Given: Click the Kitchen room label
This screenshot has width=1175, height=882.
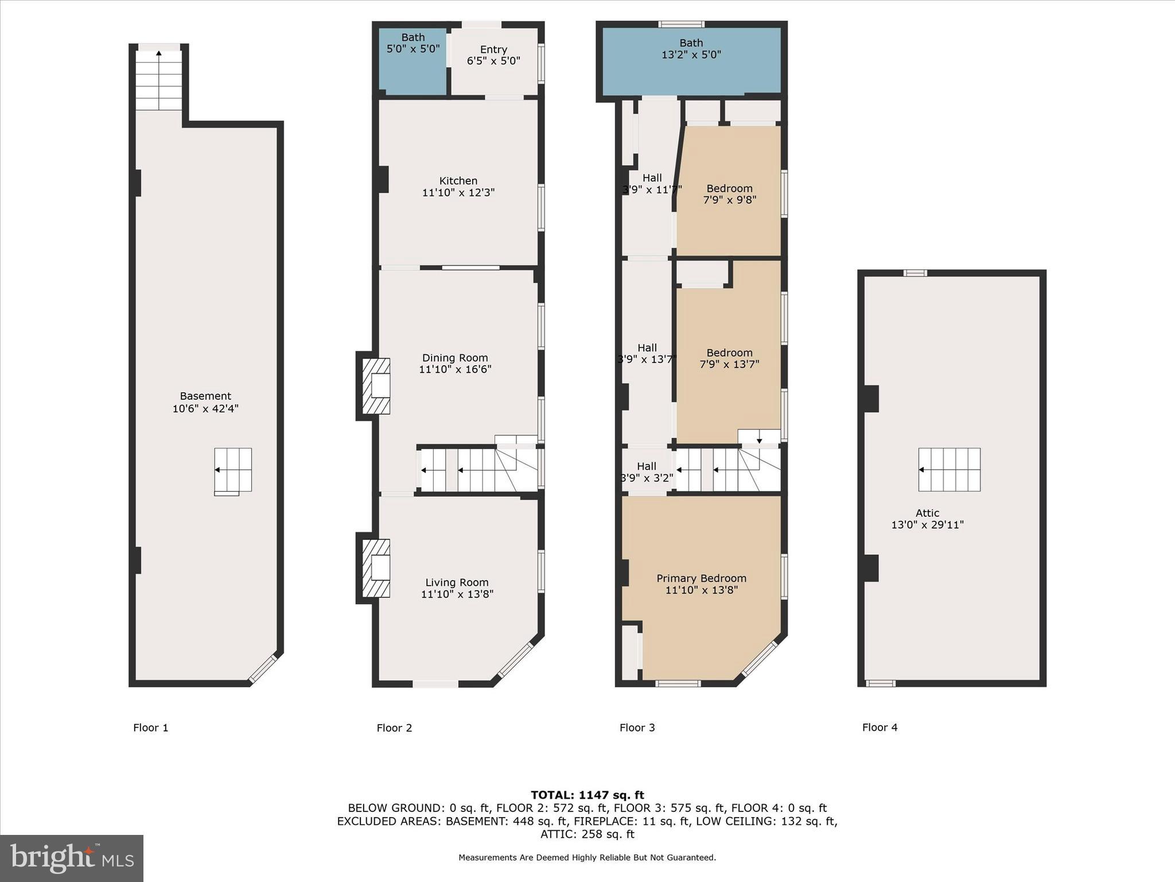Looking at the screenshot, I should (458, 181).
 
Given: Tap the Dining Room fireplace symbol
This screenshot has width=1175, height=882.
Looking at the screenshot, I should (376, 386).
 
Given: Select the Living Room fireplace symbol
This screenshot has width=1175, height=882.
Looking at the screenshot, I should (376, 568).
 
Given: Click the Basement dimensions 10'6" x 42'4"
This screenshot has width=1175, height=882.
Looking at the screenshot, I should (205, 409).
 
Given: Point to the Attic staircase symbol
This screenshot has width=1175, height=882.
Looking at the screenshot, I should (949, 470).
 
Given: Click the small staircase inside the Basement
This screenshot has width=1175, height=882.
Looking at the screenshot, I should (233, 470).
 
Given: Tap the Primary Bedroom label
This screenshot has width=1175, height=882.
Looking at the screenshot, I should (701, 578).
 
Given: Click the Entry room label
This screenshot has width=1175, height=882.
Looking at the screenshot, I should (493, 50).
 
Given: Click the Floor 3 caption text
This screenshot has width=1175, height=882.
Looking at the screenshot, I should (637, 728).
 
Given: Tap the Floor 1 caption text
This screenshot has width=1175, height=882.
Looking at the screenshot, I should (151, 728).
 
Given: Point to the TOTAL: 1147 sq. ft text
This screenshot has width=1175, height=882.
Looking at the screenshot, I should (587, 795).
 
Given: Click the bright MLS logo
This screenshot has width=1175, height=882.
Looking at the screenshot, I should (72, 858).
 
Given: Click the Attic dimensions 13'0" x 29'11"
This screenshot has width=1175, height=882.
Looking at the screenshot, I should (927, 525).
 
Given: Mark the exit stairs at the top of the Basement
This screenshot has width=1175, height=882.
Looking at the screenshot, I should (159, 80).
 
